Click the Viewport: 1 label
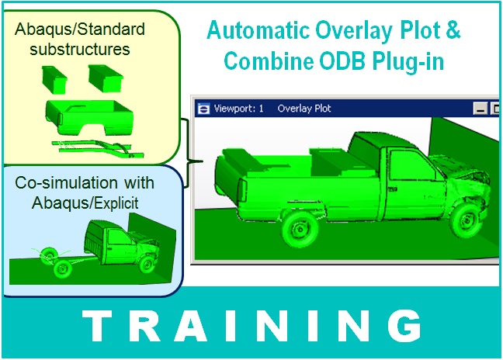(238, 109)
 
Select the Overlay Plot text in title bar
(304, 109)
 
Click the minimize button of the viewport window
(481, 109)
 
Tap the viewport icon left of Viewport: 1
(204, 109)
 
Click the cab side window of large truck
(404, 163)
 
